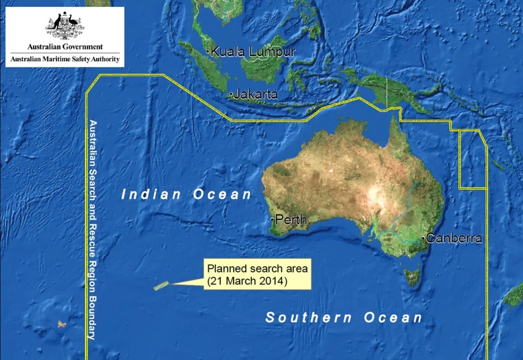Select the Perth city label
(x=291, y=219)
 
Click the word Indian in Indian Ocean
(x=151, y=194)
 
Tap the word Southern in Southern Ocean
(x=309, y=318)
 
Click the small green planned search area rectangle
(x=162, y=286)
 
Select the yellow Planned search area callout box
(x=257, y=274)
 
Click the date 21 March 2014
(x=247, y=281)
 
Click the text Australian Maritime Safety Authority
(x=65, y=59)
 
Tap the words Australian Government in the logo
(x=65, y=47)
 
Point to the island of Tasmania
(x=412, y=277)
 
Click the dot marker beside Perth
(x=272, y=219)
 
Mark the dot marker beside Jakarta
(x=230, y=94)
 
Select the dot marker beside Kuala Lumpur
(x=207, y=51)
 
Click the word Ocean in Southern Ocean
(x=395, y=318)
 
